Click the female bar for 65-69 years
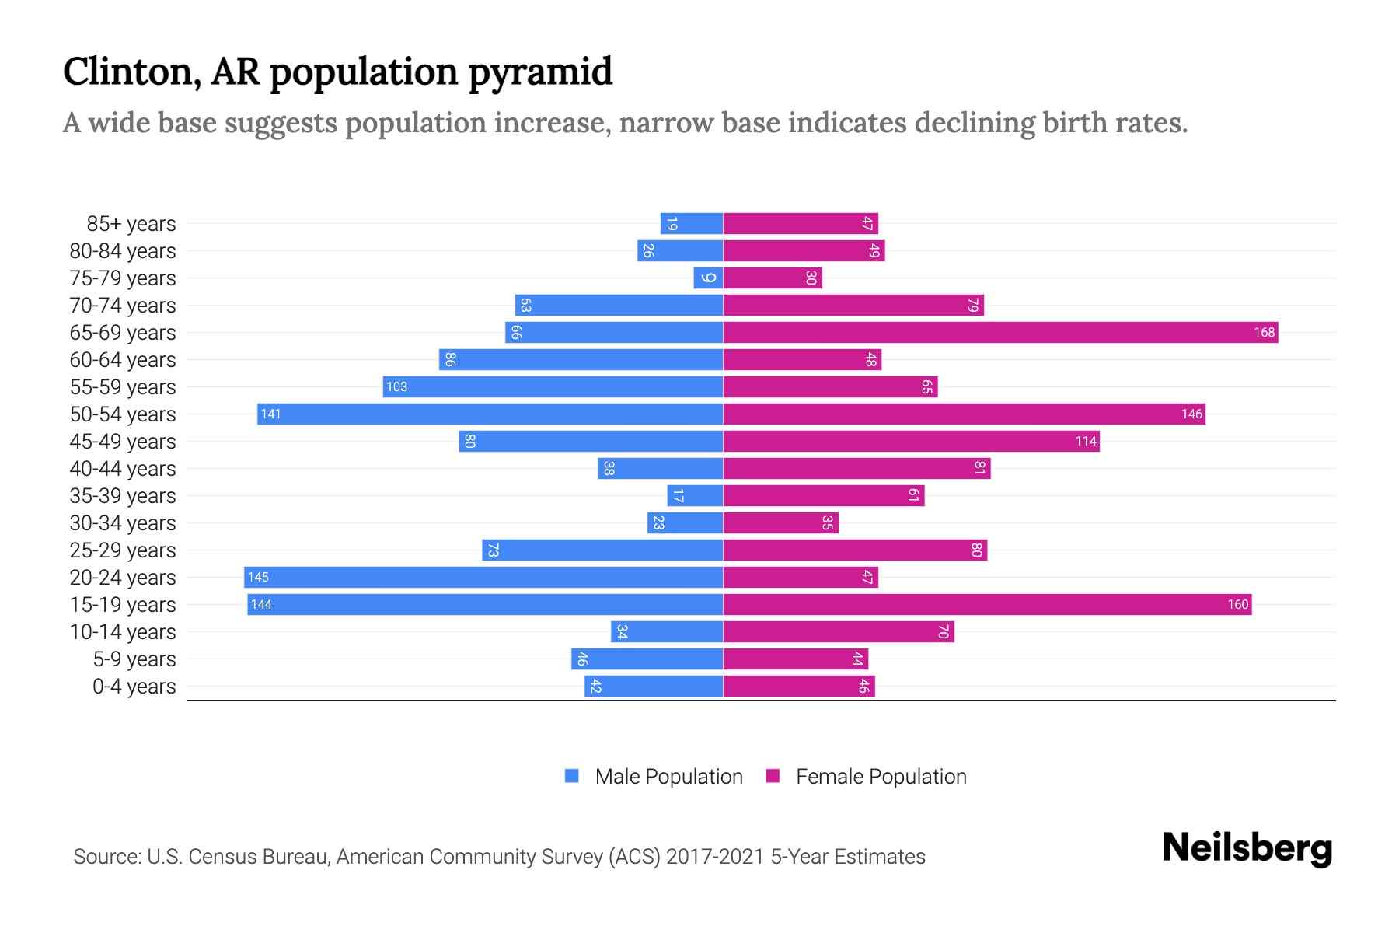coord(1000,333)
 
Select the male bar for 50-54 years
coord(490,414)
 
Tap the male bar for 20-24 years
coord(483,578)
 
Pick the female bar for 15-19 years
coord(987,605)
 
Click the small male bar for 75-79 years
coord(708,278)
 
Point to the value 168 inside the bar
coord(1264,333)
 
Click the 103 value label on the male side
coord(396,387)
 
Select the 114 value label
coord(1086,442)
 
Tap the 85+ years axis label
coord(131,224)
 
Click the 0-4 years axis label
coord(134,687)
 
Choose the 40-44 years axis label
coord(123,469)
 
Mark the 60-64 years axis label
coord(123,360)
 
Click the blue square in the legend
coord(572,776)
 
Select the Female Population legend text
coord(881,777)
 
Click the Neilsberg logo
coord(1247,848)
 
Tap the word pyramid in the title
coord(540,72)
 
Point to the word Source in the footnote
coord(106,857)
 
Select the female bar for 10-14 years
coord(839,632)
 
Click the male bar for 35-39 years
coord(695,496)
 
